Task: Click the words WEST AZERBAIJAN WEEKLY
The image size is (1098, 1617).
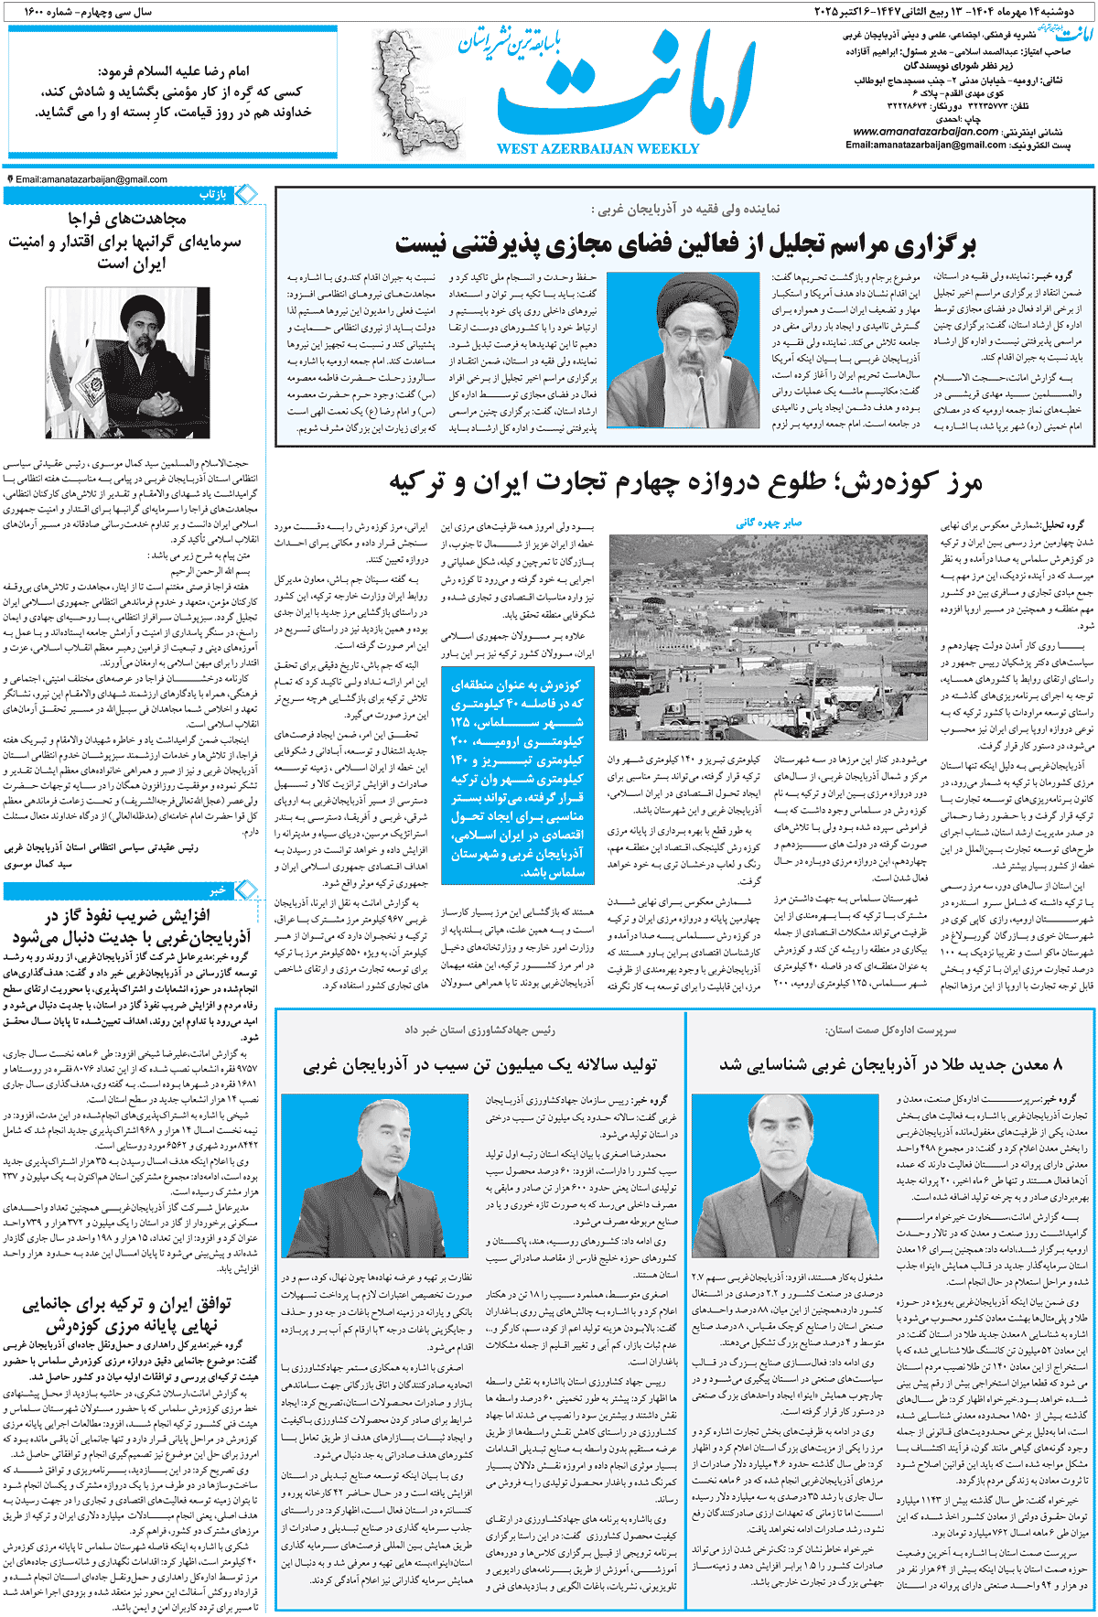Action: (597, 149)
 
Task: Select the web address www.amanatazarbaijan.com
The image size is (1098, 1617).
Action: (925, 132)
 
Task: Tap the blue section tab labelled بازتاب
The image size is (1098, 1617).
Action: (212, 194)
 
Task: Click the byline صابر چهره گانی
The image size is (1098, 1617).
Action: (769, 523)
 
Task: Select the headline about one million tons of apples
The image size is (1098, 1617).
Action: (479, 1064)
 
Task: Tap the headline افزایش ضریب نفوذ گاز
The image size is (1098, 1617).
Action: (133, 926)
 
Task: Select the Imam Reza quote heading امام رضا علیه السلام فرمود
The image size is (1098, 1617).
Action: (174, 71)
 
